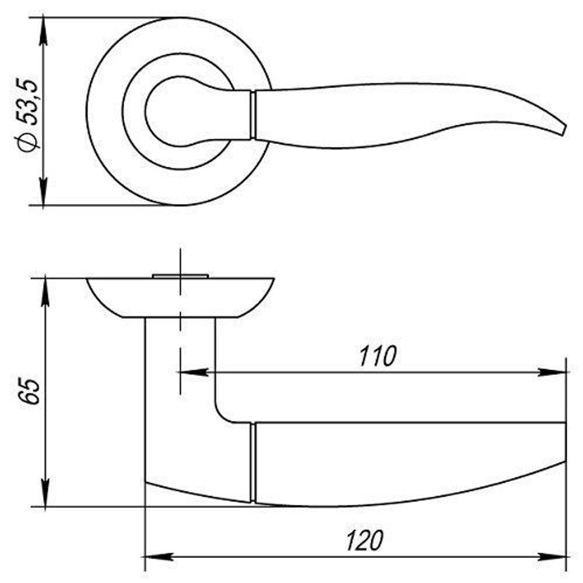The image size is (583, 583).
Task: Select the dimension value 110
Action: [x=377, y=356]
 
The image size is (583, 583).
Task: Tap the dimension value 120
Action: [x=366, y=540]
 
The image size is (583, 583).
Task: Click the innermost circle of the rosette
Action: [x=169, y=111]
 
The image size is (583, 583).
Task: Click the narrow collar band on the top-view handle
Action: [x=253, y=114]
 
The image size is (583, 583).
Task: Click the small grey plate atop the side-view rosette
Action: [x=180, y=275]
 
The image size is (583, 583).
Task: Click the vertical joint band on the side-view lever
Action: [x=254, y=463]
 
